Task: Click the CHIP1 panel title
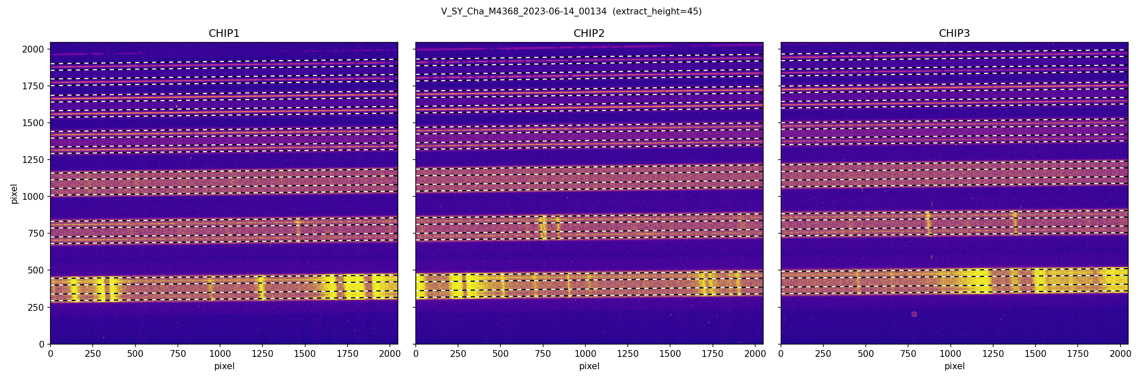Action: pos(224,33)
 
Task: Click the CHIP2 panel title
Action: pos(589,33)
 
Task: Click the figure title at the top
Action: pos(571,11)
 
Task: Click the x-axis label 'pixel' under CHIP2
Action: pos(589,366)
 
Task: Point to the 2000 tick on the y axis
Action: pos(33,49)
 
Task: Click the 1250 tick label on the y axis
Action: pos(33,160)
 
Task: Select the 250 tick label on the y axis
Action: pos(35,307)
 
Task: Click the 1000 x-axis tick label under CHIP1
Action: pos(220,354)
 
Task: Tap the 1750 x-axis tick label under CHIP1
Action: pos(348,354)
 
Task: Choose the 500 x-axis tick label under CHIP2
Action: pos(500,354)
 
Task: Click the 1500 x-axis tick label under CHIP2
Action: pos(670,354)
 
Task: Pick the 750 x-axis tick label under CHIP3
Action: pos(908,354)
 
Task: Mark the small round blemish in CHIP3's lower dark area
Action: pos(914,314)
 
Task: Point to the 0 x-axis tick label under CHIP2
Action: pos(416,354)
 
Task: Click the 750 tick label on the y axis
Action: pos(35,233)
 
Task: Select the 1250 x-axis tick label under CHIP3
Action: pos(993,354)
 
